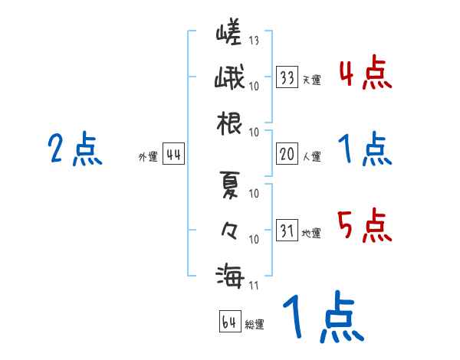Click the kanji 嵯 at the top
click(x=229, y=36)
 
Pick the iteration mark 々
click(x=229, y=229)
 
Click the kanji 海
click(x=229, y=273)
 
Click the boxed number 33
click(x=287, y=78)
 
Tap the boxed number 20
click(x=287, y=155)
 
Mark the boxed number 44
click(x=172, y=155)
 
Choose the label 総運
click(x=255, y=325)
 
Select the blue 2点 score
click(x=74, y=150)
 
